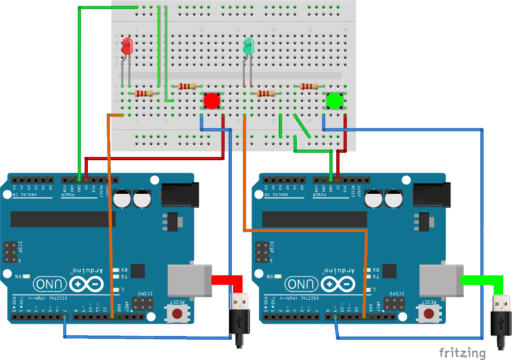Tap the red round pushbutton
(x=212, y=101)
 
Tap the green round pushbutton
(x=334, y=101)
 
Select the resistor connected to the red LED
(x=144, y=93)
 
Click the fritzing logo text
(x=461, y=353)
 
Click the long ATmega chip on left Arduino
(x=63, y=219)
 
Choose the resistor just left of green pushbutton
(x=309, y=86)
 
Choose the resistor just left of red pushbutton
(x=187, y=86)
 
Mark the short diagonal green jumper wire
(x=302, y=125)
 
